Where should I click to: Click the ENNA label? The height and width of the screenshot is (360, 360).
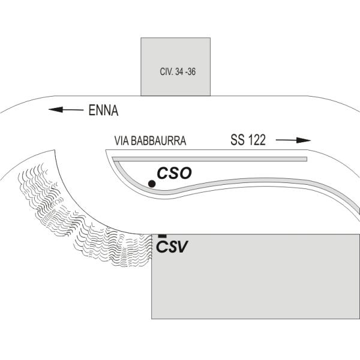click(103, 110)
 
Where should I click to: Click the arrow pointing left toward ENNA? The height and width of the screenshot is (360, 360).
click(66, 110)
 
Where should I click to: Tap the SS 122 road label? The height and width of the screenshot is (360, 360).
click(248, 140)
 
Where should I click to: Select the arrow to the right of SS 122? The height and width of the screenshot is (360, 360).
click(293, 140)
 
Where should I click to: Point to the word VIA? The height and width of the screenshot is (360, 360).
click(122, 141)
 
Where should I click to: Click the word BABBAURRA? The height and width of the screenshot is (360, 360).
click(158, 141)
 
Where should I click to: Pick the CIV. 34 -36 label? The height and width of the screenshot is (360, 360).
click(178, 72)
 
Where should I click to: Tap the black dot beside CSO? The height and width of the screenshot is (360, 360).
click(152, 184)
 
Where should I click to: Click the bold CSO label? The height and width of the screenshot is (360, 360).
click(174, 173)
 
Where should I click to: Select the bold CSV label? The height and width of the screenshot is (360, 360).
click(172, 247)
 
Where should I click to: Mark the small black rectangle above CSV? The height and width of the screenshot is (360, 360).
click(163, 236)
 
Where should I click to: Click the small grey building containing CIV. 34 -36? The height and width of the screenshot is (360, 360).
click(175, 67)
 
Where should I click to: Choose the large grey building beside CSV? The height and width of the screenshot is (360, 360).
click(256, 277)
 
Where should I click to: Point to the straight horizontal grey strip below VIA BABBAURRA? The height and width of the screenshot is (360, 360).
click(209, 159)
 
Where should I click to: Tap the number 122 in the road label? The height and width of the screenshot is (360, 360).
click(256, 140)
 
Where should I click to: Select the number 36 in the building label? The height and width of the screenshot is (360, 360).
click(191, 72)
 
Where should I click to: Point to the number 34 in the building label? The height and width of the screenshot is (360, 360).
click(179, 72)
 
